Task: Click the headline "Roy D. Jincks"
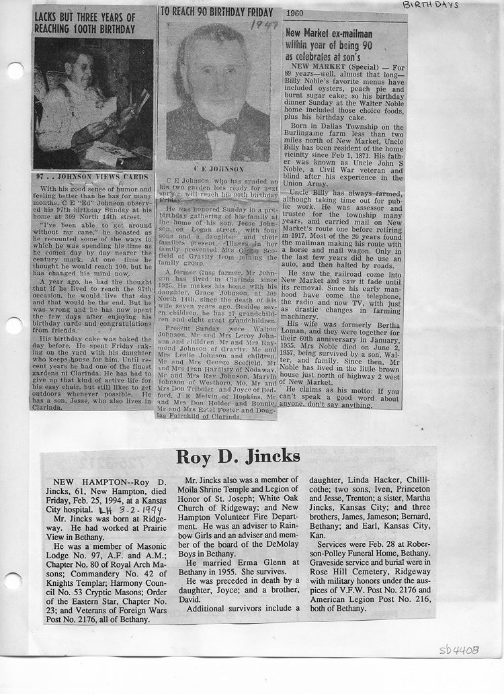(x=238, y=457)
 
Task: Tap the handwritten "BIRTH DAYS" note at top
(x=430, y=5)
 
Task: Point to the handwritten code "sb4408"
(x=459, y=650)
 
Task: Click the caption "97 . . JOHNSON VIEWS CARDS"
(x=93, y=178)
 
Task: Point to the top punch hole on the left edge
(x=14, y=70)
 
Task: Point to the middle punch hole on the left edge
(x=14, y=326)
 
